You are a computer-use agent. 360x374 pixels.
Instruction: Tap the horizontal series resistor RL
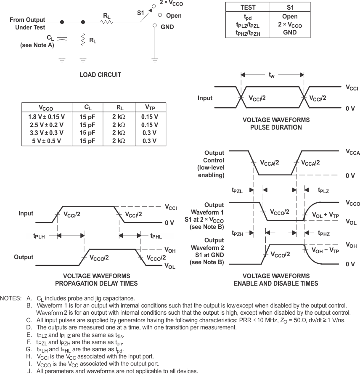(107, 22)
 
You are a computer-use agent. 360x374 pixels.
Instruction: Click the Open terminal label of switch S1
(174, 16)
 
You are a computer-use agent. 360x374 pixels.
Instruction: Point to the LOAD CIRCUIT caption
(100, 75)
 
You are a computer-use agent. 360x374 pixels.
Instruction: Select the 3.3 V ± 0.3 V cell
(47, 133)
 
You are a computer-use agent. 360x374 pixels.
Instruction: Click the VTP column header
(149, 107)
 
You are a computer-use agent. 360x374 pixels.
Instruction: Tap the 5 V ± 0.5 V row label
(47, 141)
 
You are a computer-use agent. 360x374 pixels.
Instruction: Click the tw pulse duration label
(272, 75)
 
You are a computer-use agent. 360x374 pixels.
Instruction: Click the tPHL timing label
(156, 236)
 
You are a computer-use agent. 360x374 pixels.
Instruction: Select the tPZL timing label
(237, 191)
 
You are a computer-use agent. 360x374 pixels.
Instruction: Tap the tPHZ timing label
(324, 233)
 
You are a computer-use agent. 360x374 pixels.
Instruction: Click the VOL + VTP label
(325, 215)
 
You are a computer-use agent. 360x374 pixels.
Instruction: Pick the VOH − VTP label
(325, 250)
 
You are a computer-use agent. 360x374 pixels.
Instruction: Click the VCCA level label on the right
(352, 153)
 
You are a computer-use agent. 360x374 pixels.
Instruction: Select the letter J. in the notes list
(29, 371)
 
